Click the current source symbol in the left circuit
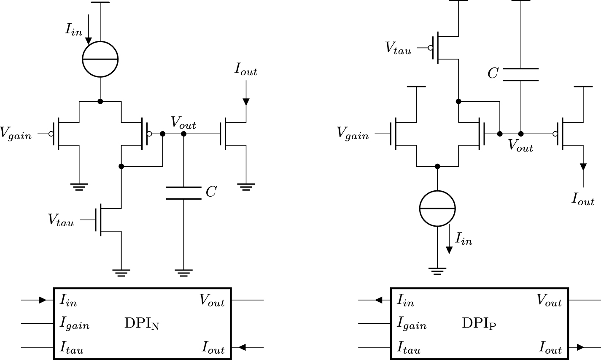coord(100,60)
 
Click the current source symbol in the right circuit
coord(437,208)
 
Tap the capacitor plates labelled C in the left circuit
coord(183,192)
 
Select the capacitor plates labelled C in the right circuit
coord(521,74)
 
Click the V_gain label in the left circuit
coord(16,134)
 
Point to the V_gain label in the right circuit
coord(353,134)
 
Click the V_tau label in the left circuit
coord(61,220)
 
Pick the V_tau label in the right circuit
coord(398,48)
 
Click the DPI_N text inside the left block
coord(142,324)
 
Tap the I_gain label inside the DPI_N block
coord(75,324)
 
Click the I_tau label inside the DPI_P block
coord(409,348)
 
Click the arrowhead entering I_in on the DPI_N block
coord(43,300)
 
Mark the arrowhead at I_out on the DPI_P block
coord(580,347)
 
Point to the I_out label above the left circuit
coord(246,70)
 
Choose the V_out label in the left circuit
coord(183,123)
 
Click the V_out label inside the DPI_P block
coord(549,300)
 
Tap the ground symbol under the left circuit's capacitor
coord(183,272)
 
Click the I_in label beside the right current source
coord(464,239)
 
